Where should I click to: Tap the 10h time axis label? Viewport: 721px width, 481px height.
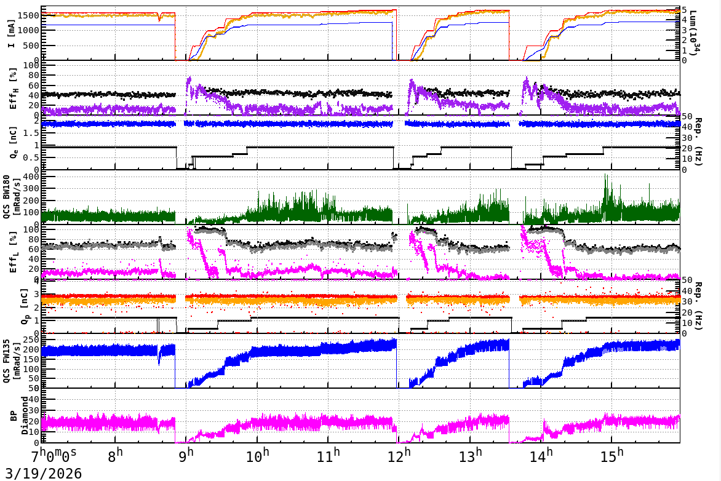(x=257, y=457)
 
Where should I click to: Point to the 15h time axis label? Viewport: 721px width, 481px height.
(x=611, y=457)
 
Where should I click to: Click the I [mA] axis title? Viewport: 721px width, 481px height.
(x=12, y=34)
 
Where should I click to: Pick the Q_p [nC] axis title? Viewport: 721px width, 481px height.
(x=12, y=308)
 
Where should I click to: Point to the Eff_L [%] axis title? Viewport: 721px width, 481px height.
(x=12, y=253)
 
